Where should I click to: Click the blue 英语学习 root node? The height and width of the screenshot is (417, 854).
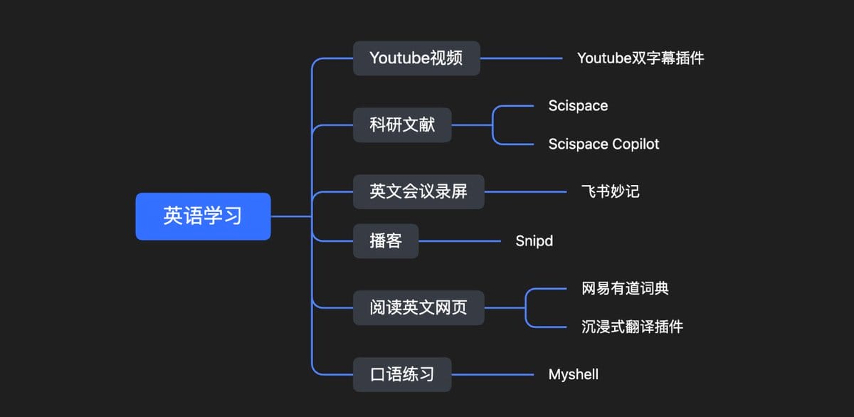(x=203, y=216)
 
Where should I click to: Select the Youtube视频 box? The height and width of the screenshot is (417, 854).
(x=416, y=58)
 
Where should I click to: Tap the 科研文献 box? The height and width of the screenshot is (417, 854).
(x=402, y=125)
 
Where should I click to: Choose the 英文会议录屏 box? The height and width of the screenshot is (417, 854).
(x=418, y=191)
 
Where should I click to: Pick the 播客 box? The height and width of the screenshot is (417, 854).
(x=386, y=241)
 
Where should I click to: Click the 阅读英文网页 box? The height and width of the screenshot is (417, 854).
(x=418, y=308)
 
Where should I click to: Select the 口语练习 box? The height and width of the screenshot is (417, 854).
(x=402, y=374)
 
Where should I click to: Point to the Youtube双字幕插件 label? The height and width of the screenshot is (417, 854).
(x=640, y=58)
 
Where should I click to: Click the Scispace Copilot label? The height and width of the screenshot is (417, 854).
(x=603, y=144)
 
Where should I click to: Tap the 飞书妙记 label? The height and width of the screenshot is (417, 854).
(x=610, y=191)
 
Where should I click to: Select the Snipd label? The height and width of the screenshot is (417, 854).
(x=534, y=241)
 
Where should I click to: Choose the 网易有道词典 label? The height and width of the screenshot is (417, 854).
(x=625, y=289)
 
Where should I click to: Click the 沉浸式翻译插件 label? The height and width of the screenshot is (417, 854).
(x=632, y=327)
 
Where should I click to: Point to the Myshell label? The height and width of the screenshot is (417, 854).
(x=573, y=374)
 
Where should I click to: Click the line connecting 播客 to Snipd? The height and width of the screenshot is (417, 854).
(x=460, y=241)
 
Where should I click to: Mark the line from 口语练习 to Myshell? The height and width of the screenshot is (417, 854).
(x=492, y=374)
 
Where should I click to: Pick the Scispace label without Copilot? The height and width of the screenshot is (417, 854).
(x=578, y=106)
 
